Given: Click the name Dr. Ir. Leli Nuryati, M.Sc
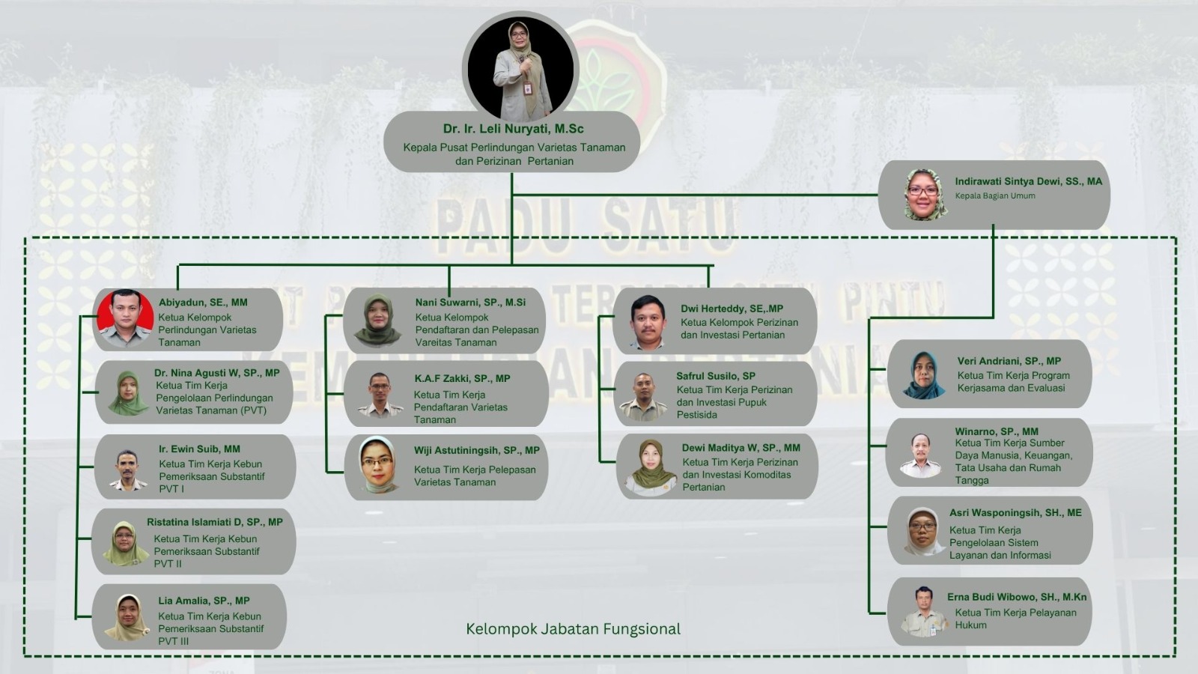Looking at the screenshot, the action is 513,129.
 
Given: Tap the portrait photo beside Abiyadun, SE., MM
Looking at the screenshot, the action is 126,318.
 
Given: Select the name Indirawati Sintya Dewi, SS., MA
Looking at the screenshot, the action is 1029,181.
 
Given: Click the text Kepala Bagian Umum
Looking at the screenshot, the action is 995,195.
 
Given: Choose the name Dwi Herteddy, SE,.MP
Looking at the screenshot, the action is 732,309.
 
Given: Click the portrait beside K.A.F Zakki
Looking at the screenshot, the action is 380,395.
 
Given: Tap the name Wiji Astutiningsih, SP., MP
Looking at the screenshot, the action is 476,450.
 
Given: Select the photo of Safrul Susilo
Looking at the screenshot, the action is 643,396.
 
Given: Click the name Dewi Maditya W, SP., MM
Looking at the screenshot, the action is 741,448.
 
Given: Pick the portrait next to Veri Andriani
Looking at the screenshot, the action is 924,375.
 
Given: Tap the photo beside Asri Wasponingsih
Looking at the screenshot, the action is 924,531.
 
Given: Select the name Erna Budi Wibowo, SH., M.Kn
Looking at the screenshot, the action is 1017,597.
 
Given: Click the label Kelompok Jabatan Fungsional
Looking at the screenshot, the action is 573,629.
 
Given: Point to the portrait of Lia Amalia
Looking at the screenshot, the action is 127,617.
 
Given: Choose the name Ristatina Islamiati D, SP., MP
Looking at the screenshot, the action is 214,522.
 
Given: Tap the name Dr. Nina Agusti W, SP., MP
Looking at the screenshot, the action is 216,373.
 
